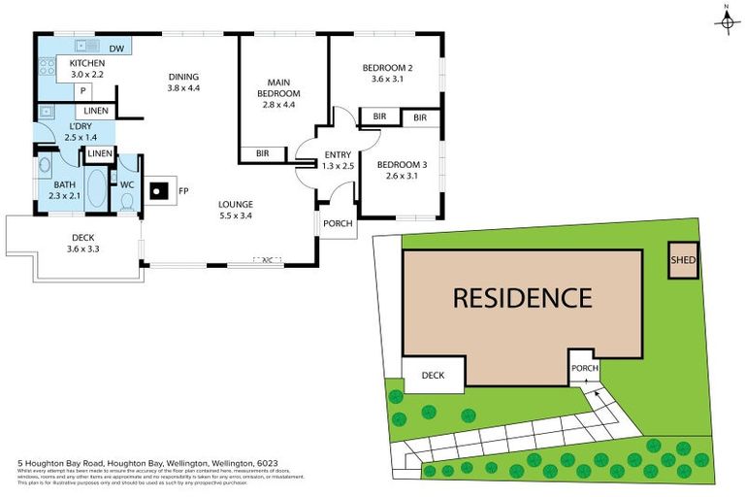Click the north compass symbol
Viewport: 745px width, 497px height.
tap(725, 20)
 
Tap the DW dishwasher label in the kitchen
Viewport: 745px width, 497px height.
tap(116, 49)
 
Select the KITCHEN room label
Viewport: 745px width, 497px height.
tap(86, 63)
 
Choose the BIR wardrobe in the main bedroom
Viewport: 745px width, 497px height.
tap(263, 153)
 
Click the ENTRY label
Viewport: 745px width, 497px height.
tap(339, 154)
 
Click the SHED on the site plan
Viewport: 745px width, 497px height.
tap(683, 259)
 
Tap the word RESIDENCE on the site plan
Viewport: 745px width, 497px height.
tap(522, 297)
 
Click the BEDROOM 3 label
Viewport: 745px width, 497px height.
tap(403, 164)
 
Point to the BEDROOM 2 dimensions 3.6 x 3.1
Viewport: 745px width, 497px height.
tap(387, 79)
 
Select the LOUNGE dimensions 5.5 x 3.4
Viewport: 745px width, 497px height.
tap(235, 215)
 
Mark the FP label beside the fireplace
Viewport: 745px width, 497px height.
tap(183, 190)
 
